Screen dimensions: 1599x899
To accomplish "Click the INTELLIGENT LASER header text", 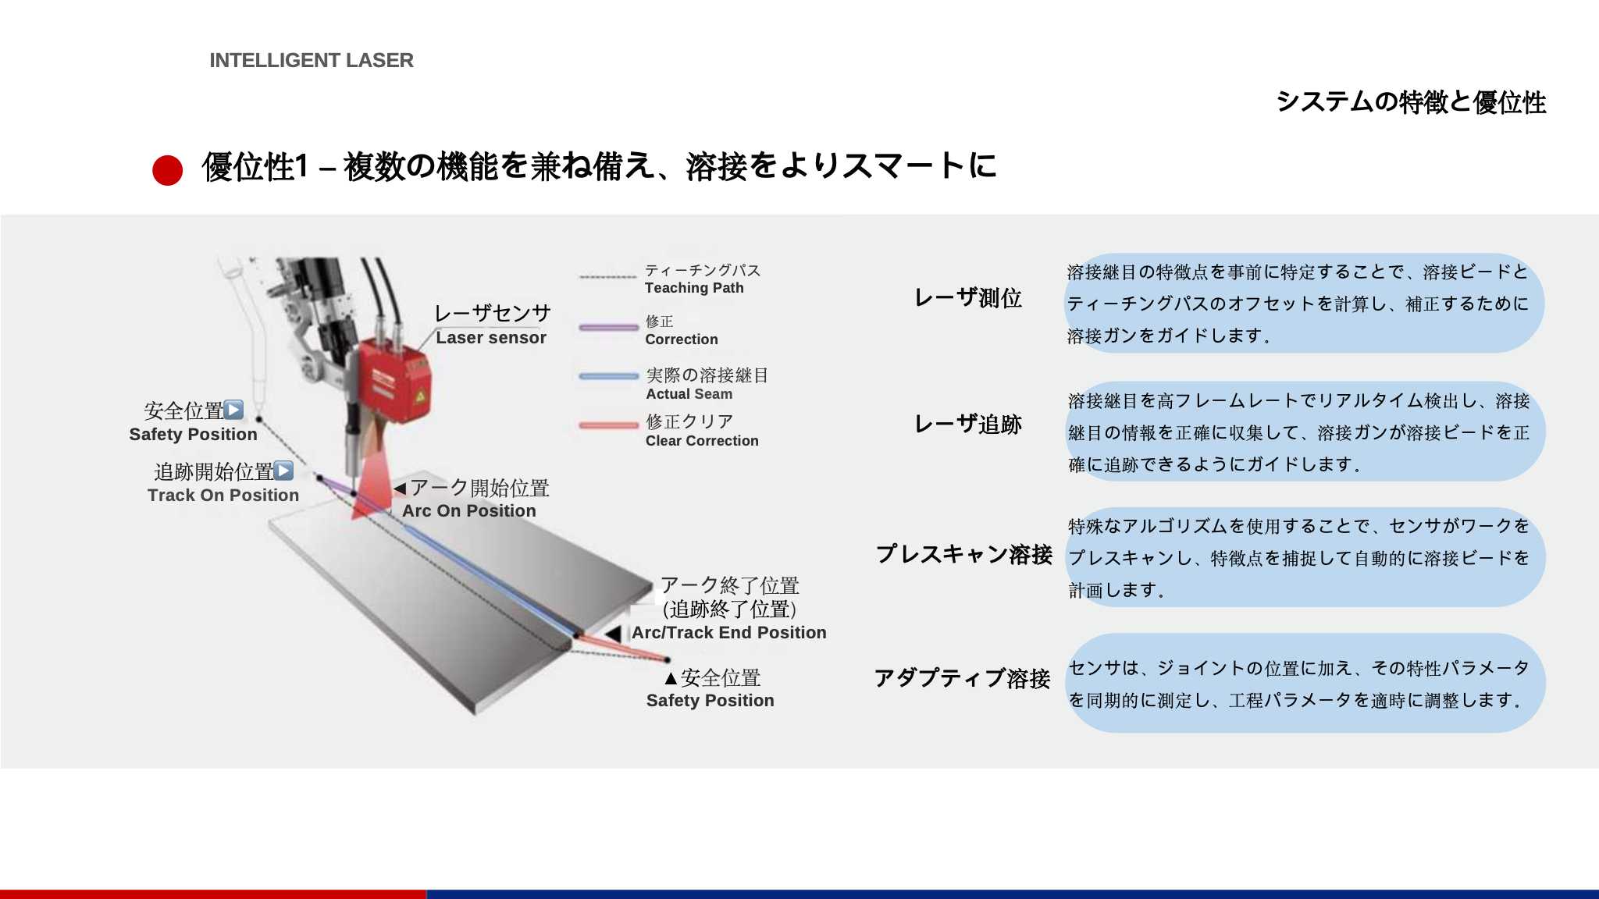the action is click(x=312, y=60).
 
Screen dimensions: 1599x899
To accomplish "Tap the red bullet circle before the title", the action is click(x=167, y=170).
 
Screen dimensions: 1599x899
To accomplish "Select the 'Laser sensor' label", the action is click(x=491, y=338).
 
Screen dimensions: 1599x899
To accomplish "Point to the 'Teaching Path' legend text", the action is click(x=694, y=288).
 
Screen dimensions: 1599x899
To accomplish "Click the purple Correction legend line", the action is click(x=609, y=328).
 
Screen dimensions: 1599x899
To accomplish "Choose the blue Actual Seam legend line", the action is click(x=609, y=376).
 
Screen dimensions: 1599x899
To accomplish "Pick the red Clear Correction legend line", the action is click(x=609, y=425).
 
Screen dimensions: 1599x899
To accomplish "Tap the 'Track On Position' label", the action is click(x=223, y=496).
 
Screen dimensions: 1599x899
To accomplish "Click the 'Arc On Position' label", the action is click(x=469, y=511).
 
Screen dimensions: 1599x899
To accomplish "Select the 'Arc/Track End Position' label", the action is click(x=729, y=633).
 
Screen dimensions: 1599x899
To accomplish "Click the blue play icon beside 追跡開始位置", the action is click(x=284, y=471).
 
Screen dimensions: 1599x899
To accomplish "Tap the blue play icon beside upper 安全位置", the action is click(x=233, y=410).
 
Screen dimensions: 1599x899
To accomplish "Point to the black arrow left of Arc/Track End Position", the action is click(x=614, y=634).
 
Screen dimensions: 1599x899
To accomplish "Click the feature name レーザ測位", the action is click(x=968, y=298).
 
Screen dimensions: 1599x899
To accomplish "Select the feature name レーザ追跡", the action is click(x=968, y=425).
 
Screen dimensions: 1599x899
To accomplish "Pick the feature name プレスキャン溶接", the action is click(x=964, y=554).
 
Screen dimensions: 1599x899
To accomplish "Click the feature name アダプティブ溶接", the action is click(x=963, y=678).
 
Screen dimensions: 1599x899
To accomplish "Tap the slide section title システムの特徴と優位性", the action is click(x=1411, y=102).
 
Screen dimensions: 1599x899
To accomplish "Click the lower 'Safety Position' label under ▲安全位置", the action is click(x=710, y=701).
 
